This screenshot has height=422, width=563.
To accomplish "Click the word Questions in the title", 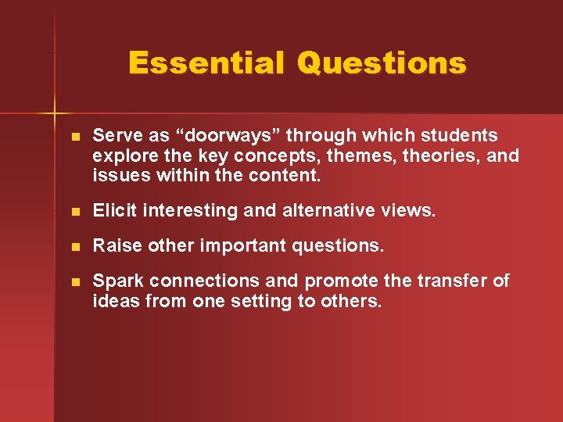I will [x=382, y=63].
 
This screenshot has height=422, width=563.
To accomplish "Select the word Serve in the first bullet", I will [x=115, y=137].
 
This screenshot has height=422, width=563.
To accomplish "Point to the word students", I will [x=461, y=137].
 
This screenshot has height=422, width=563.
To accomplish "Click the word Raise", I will [x=113, y=246].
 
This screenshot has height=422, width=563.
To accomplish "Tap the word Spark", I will [x=117, y=281].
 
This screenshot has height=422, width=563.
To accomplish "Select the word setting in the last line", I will [x=262, y=301].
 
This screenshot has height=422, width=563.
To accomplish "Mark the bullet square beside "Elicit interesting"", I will [x=74, y=212].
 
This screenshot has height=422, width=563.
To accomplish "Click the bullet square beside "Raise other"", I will [x=74, y=247].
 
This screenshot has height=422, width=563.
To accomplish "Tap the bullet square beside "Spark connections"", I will [x=74, y=282].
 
